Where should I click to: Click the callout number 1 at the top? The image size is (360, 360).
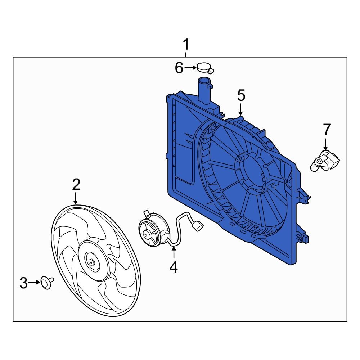(x=186, y=45)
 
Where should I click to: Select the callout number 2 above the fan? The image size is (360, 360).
(x=76, y=185)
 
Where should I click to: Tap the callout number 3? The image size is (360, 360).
(x=23, y=283)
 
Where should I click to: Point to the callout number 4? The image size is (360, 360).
(x=174, y=267)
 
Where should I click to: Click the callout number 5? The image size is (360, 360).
(x=241, y=96)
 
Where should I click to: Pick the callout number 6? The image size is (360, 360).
(x=179, y=68)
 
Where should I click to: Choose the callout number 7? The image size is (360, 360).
(x=326, y=129)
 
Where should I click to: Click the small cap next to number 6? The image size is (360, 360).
(x=204, y=67)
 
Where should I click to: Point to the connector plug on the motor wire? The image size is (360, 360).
(x=198, y=226)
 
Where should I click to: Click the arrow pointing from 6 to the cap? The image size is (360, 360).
(x=190, y=67)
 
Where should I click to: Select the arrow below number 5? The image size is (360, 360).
(x=241, y=108)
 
